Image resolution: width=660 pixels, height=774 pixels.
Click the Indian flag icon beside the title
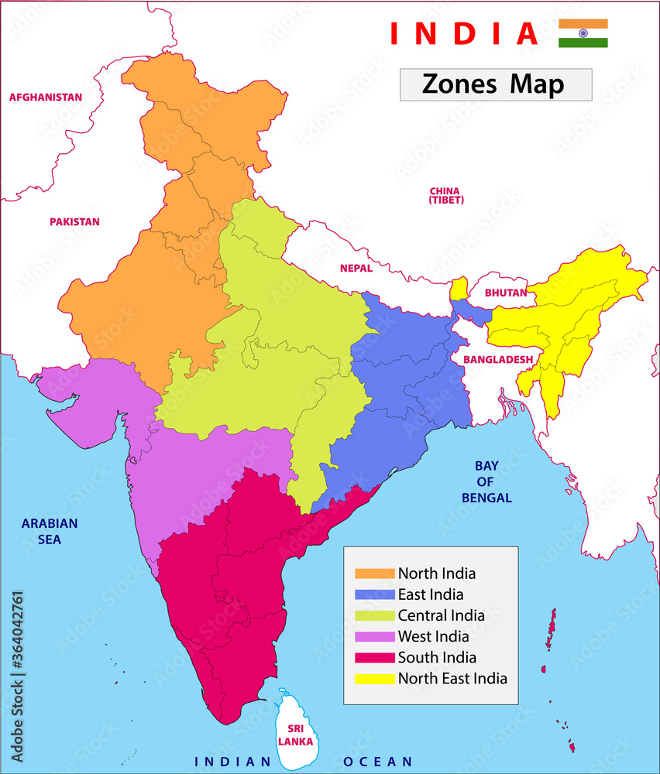(583, 33)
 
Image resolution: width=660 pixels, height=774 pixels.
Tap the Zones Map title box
(496, 84)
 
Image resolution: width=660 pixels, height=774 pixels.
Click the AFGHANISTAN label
(45, 98)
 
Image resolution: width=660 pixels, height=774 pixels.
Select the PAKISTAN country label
(74, 222)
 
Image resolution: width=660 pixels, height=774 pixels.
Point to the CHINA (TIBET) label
(445, 195)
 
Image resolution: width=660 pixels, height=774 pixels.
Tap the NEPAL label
(356, 269)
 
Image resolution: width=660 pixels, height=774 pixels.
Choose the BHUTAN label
(505, 293)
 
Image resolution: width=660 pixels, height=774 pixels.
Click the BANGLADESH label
(498, 360)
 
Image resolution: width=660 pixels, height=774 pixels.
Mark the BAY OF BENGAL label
(486, 481)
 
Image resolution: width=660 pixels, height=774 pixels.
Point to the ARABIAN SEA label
(50, 531)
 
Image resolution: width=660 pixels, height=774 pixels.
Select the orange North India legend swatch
(375, 574)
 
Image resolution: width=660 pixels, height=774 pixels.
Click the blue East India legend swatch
(375, 595)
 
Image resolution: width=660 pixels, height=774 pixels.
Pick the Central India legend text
(442, 616)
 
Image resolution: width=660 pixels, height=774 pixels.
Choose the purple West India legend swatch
(375, 637)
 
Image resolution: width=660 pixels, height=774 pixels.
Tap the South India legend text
(437, 658)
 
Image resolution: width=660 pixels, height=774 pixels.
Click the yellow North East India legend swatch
(375, 679)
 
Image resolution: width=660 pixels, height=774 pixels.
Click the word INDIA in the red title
(463, 33)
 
